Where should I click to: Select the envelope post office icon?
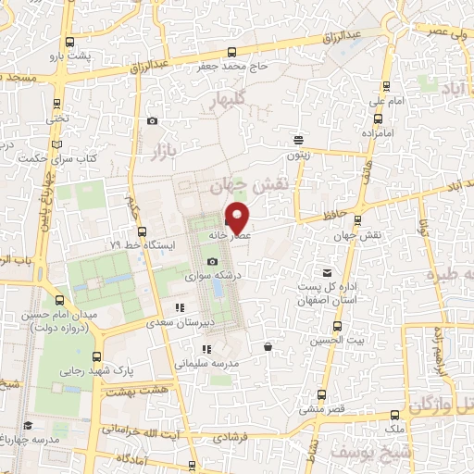pyautogui.click(x=327, y=272)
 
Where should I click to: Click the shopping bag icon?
pyautogui.click(x=268, y=346)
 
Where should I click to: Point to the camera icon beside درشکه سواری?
pyautogui.click(x=212, y=263)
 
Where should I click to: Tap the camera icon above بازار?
pyautogui.click(x=152, y=121)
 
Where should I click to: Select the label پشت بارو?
pyautogui.click(x=73, y=56)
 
